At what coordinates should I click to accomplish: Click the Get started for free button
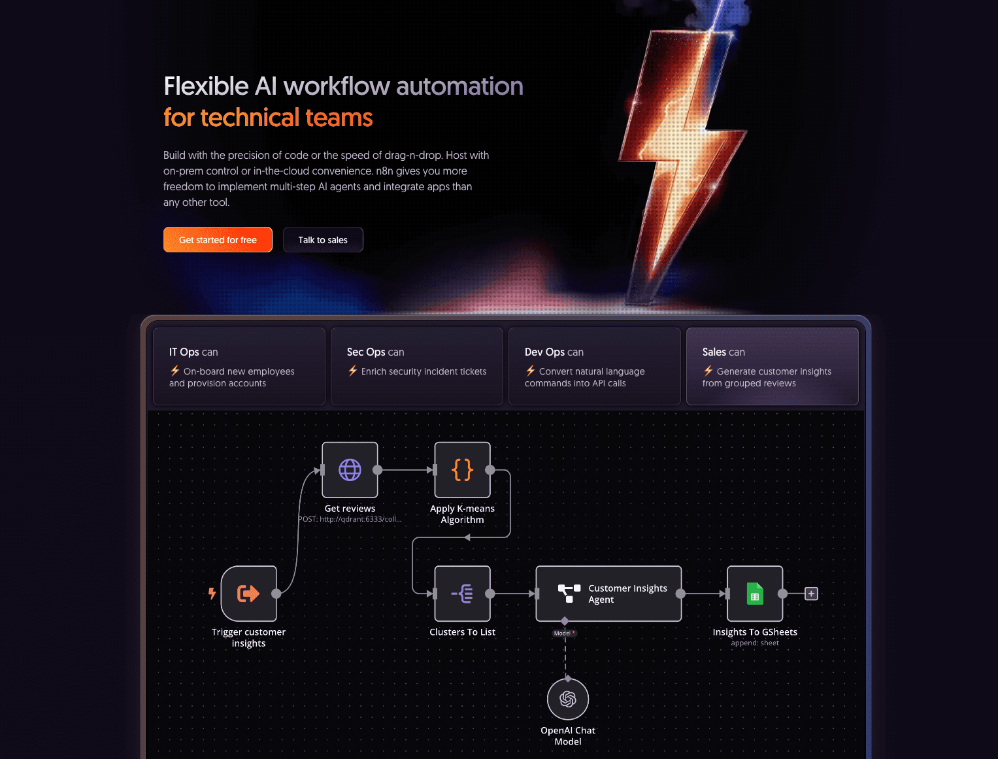click(218, 240)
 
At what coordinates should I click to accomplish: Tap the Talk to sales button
click(323, 240)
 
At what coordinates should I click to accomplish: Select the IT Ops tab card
click(239, 366)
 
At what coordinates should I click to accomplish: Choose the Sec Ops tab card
click(416, 366)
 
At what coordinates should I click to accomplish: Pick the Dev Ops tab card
click(594, 366)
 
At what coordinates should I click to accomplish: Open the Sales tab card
click(772, 366)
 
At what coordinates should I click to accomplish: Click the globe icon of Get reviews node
click(350, 470)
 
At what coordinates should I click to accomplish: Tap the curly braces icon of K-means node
click(462, 470)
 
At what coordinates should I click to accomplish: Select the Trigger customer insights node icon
click(248, 594)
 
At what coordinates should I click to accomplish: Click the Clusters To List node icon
click(462, 594)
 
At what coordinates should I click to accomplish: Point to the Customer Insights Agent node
click(608, 594)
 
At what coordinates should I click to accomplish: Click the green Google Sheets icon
click(755, 594)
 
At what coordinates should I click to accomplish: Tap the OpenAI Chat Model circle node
click(568, 700)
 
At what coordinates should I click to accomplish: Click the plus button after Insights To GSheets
click(811, 594)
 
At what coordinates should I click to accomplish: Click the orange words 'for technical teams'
click(268, 118)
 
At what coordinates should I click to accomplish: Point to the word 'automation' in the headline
click(459, 86)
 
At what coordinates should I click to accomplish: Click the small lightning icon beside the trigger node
click(212, 593)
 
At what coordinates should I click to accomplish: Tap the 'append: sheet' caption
click(755, 643)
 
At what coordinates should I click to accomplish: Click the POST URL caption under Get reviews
click(350, 519)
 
